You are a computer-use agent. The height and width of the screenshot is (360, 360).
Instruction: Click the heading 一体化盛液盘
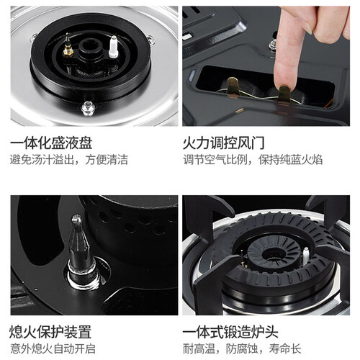click(x=51, y=143)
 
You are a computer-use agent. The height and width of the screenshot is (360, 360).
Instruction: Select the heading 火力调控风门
click(x=224, y=143)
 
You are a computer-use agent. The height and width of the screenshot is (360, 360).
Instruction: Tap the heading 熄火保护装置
click(x=50, y=332)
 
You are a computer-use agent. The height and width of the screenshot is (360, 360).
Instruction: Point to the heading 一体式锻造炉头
click(x=230, y=332)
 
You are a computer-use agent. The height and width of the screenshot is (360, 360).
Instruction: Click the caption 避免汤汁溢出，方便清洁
click(x=69, y=160)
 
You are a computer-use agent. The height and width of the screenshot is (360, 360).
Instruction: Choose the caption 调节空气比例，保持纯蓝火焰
click(x=253, y=160)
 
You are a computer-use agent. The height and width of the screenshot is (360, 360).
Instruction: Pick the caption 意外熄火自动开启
click(x=53, y=348)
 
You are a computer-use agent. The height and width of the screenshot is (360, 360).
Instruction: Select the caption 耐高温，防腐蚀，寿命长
click(x=242, y=348)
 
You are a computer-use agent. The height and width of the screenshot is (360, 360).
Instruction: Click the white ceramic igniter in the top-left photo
click(x=113, y=47)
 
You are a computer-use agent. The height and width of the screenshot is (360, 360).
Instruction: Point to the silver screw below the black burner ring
click(x=88, y=108)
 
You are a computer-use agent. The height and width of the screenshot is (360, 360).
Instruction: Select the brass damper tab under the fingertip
click(x=284, y=94)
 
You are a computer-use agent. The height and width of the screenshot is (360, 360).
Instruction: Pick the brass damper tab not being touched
click(x=233, y=86)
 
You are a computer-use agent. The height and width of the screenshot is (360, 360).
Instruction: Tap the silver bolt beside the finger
click(x=272, y=45)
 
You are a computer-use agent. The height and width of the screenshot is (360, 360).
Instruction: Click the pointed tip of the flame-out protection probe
click(x=76, y=217)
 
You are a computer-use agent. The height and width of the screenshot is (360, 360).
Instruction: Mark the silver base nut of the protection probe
click(x=84, y=276)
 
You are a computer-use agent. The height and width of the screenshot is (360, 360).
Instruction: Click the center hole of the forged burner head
click(x=274, y=255)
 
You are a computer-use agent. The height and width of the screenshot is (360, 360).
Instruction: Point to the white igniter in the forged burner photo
click(x=305, y=256)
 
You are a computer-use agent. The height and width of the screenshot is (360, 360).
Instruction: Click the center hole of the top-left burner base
click(x=90, y=46)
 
